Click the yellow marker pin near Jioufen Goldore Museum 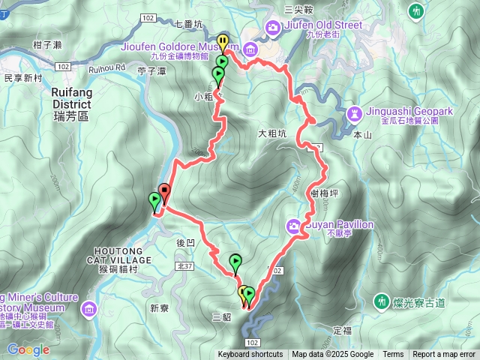(222, 42)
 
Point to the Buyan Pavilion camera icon (293, 224)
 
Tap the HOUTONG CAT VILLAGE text (124, 255)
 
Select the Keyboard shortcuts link (250, 355)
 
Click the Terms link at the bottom (393, 355)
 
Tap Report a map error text (444, 355)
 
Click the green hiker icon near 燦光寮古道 (382, 301)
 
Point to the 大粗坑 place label (272, 135)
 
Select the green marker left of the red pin (154, 200)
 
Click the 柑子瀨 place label (46, 46)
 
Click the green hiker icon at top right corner (416, 10)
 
